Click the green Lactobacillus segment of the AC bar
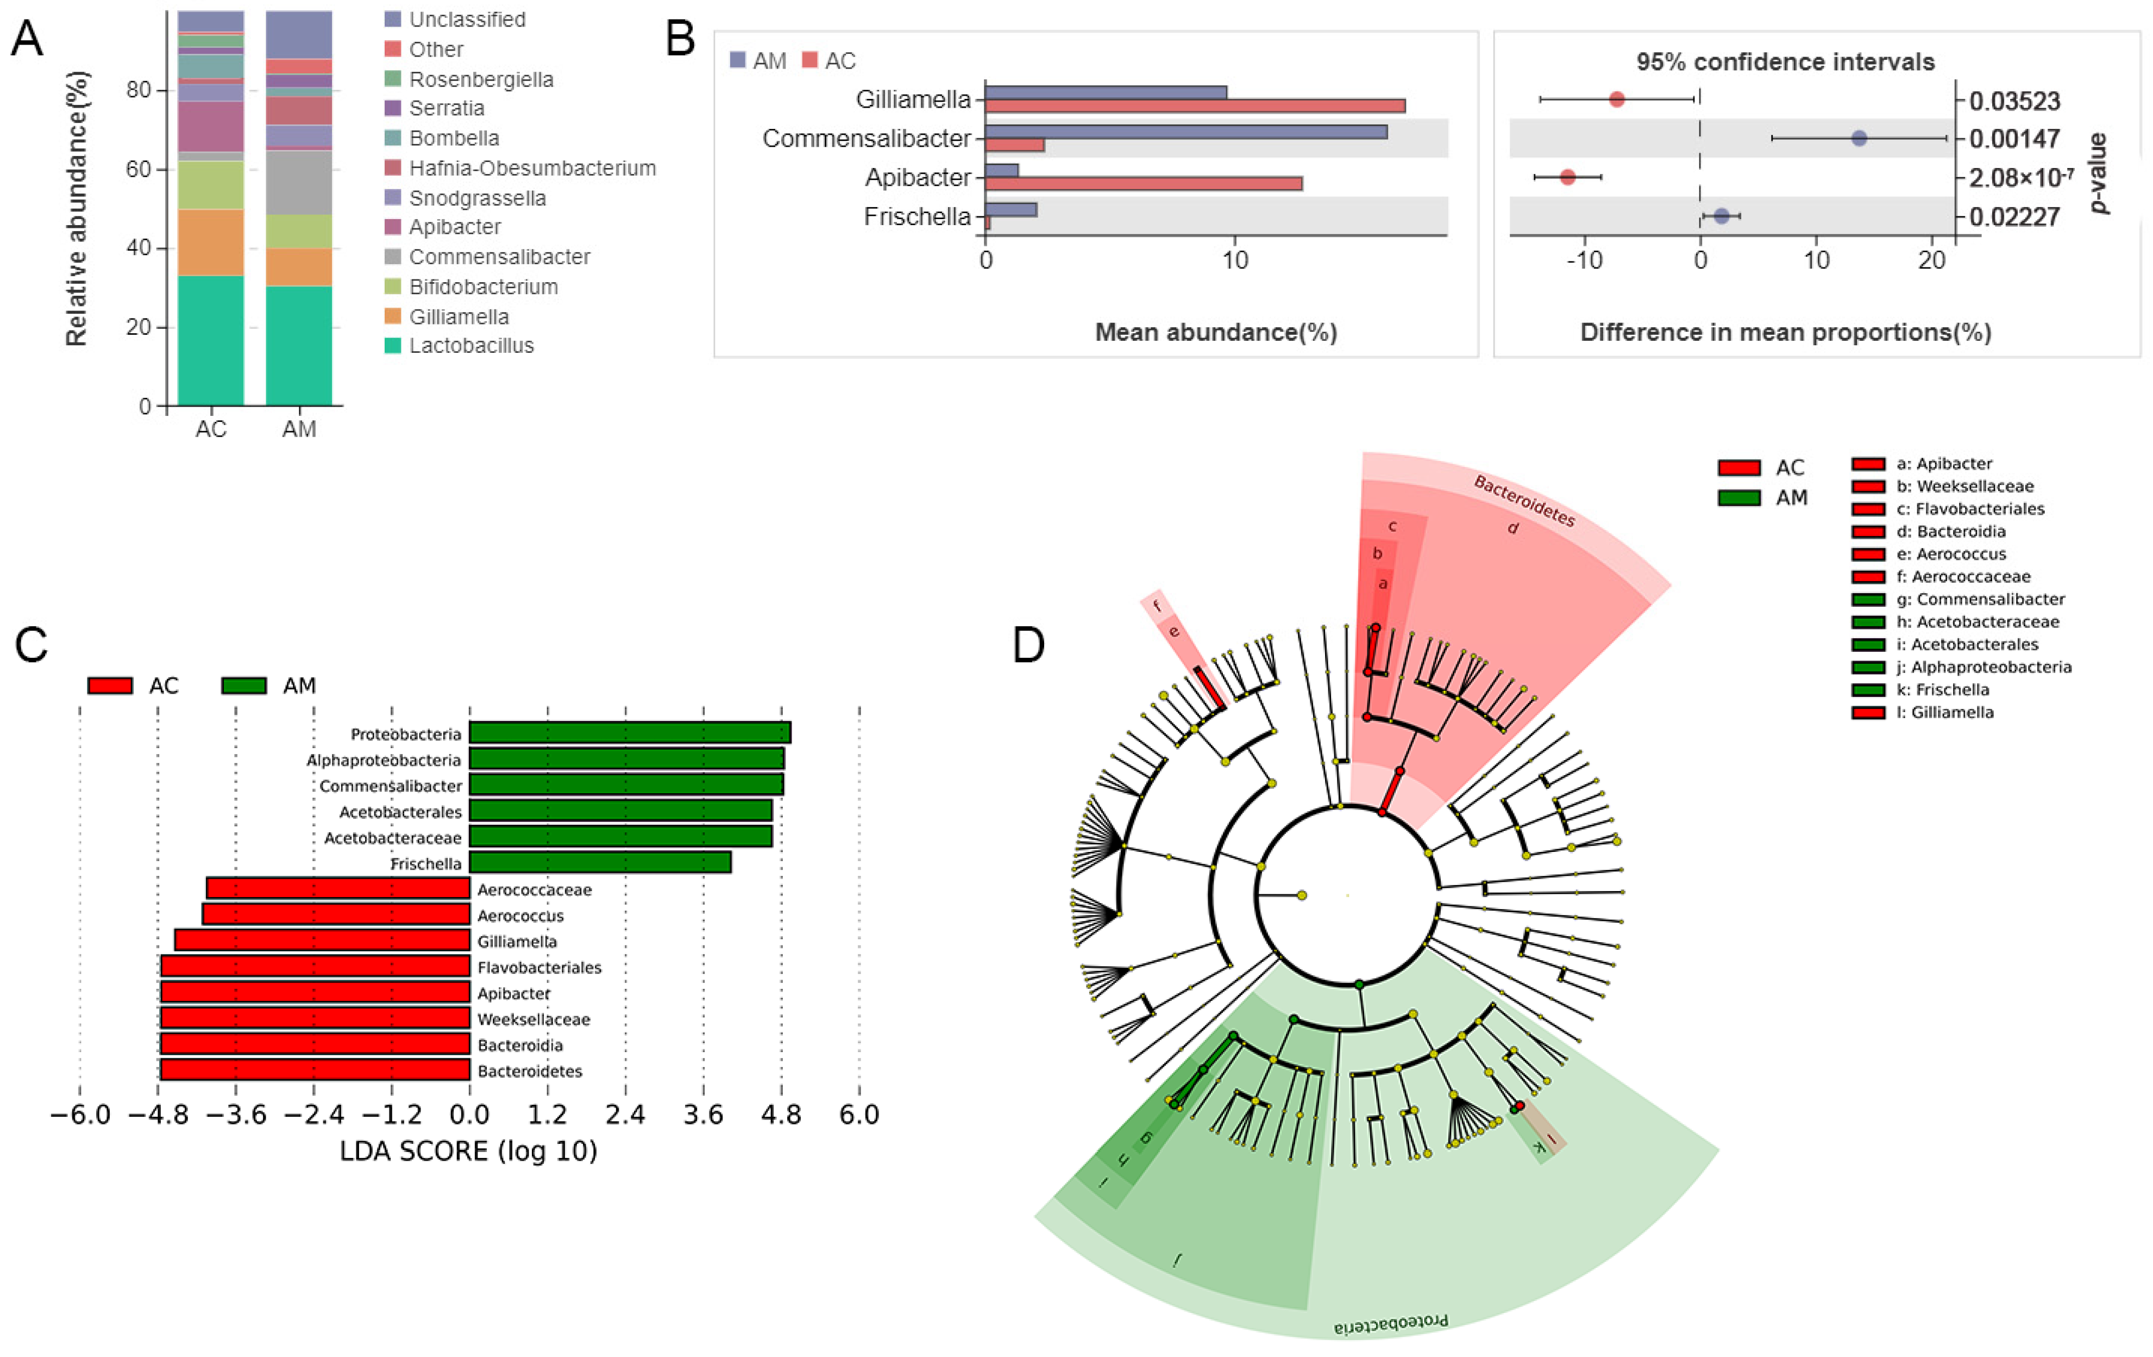click(210, 340)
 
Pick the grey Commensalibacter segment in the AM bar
click(299, 183)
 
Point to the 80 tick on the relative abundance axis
click(139, 90)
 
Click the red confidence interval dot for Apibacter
click(1567, 177)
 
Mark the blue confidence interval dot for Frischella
click(1721, 216)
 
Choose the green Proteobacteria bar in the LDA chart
click(630, 733)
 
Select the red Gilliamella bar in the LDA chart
click(322, 940)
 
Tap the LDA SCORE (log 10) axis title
click(468, 1151)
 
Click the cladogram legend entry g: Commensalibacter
click(1980, 599)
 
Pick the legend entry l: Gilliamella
click(1945, 713)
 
